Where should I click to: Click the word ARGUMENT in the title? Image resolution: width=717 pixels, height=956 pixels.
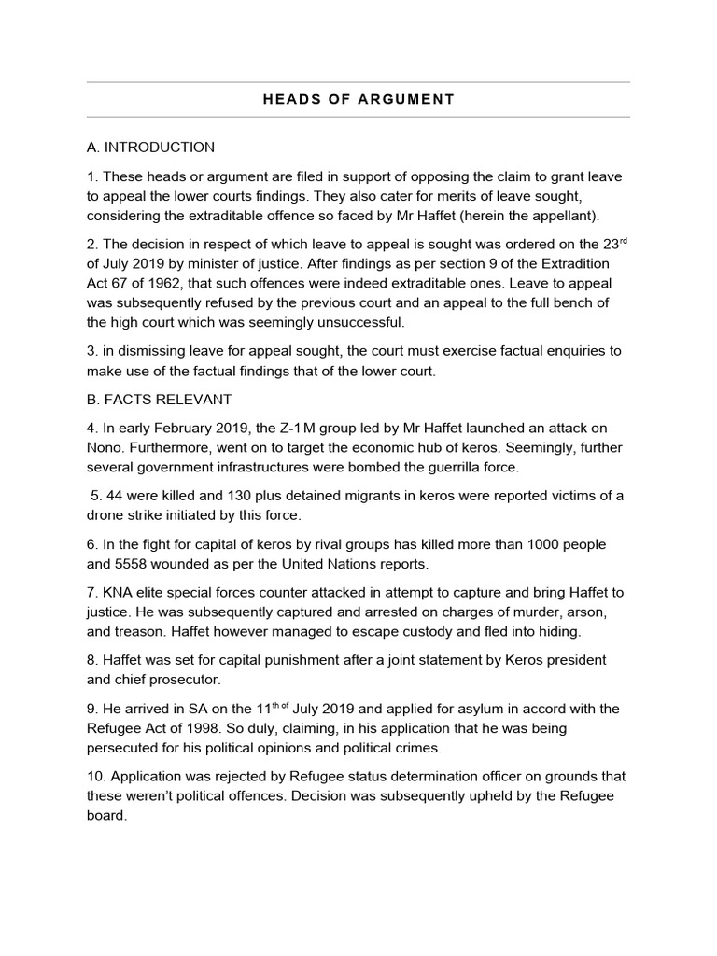[407, 99]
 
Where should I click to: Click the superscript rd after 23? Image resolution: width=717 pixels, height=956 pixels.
[623, 239]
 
